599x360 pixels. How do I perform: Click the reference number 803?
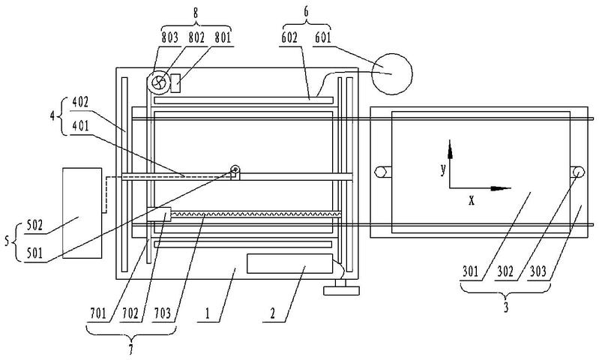point(169,37)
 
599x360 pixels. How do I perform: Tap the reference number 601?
point(323,37)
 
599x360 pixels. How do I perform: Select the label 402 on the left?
point(80,102)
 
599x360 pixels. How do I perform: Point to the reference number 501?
point(34,253)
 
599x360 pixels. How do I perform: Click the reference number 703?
point(163,313)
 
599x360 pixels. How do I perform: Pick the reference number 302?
point(505,271)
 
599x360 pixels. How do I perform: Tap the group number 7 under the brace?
point(131,349)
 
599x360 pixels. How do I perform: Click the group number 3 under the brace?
point(506,307)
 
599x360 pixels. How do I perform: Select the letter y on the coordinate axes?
point(443,169)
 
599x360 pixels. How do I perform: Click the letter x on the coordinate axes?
point(472,199)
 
